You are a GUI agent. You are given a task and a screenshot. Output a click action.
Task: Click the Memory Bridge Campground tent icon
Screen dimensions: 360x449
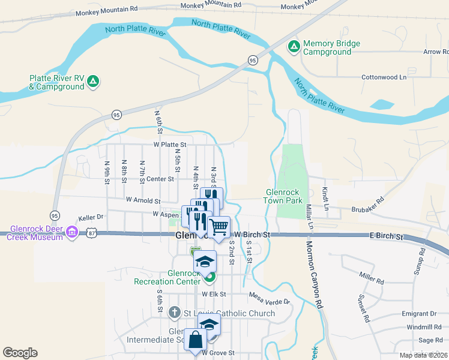(294, 46)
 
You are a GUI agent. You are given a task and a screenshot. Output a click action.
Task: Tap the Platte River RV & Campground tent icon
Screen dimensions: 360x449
(93, 81)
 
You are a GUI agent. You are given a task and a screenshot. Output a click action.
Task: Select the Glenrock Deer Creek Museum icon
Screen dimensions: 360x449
(72, 232)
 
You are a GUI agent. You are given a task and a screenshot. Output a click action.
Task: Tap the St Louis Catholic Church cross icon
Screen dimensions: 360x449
(175, 312)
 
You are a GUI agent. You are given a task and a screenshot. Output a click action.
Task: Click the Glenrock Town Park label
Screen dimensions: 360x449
(285, 196)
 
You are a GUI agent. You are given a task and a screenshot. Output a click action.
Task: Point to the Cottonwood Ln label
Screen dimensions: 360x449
(384, 77)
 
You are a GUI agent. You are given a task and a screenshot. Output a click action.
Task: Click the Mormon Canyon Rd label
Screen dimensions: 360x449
(315, 275)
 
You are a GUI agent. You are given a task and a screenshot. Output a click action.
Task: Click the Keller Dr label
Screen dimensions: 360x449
(91, 217)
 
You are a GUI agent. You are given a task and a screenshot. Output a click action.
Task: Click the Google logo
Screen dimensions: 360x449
(20, 352)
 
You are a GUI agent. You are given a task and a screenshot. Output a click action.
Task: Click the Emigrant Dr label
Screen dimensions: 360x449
(420, 314)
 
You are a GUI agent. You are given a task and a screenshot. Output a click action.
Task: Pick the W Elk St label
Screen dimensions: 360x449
(214, 295)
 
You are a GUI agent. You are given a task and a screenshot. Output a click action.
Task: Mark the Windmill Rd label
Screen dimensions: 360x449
(424, 327)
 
